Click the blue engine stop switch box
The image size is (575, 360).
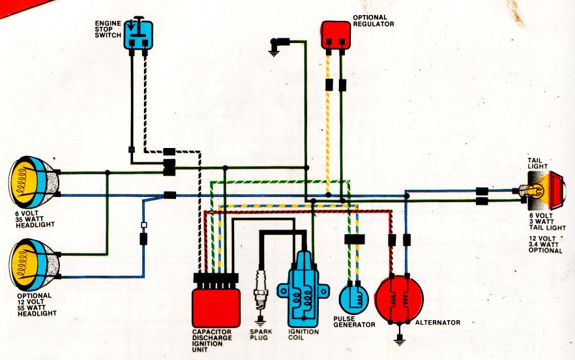point(138,35)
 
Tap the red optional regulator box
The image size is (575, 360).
point(336,35)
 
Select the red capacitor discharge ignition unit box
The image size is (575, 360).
point(216,308)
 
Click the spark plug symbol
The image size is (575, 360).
point(261,293)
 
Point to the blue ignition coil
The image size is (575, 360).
point(303,290)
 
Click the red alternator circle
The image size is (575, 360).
point(400,300)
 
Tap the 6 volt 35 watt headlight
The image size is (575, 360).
point(34,183)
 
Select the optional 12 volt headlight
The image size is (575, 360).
point(34,264)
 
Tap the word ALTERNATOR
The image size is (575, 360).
point(437,323)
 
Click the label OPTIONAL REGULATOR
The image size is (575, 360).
point(374,21)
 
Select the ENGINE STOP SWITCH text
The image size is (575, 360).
point(108,29)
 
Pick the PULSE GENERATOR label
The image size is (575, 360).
point(354,322)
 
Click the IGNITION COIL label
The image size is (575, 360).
point(303,335)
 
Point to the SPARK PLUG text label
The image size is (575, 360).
point(261,335)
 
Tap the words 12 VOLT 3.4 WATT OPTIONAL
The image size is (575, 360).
point(545,245)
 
